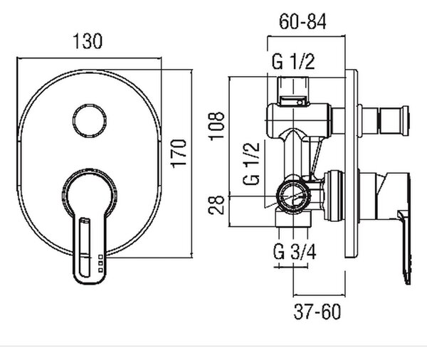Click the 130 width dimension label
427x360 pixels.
click(88, 41)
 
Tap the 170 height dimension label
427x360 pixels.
click(179, 154)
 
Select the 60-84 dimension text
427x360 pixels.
click(303, 21)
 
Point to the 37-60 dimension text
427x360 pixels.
click(317, 311)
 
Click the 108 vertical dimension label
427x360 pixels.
click(217, 126)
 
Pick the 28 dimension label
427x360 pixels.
click(216, 205)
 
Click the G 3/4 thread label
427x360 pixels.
click(295, 252)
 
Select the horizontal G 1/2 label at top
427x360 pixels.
click(293, 62)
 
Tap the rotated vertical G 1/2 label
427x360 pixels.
click(251, 164)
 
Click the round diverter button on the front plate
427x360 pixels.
click(90, 121)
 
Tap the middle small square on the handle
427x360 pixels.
click(100, 263)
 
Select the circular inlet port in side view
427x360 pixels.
click(293, 196)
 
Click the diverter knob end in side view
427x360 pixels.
click(405, 121)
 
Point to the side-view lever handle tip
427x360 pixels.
click(408, 280)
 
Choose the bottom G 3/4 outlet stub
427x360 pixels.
click(293, 219)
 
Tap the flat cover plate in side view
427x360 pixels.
click(351, 164)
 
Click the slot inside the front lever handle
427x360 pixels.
click(84, 247)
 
